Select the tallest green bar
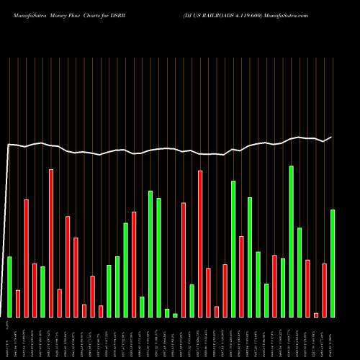point(292,241)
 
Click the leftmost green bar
point(9,287)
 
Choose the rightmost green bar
point(333,263)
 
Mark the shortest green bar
point(175,315)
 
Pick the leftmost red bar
point(18,303)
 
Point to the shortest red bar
point(315,315)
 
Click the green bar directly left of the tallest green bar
point(283,287)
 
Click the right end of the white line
point(332,137)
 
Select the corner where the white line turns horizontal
point(9,145)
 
